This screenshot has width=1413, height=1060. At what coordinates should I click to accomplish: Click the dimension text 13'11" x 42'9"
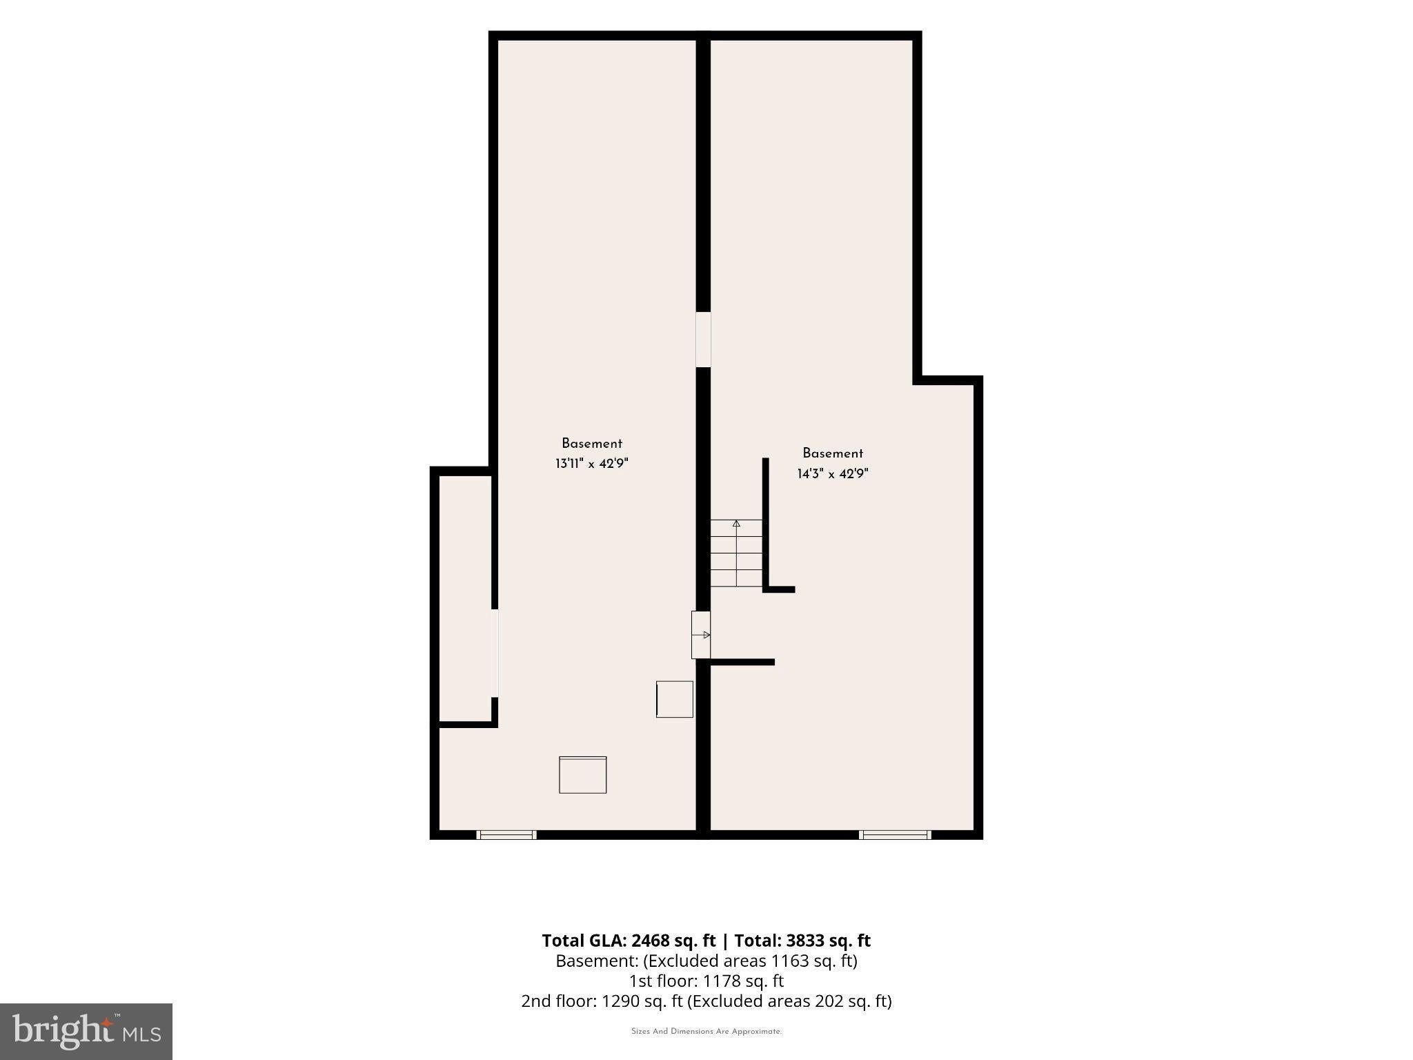pos(592,464)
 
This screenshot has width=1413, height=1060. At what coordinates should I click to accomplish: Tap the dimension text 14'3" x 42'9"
pos(833,474)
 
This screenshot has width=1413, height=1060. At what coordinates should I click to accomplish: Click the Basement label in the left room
pos(592,444)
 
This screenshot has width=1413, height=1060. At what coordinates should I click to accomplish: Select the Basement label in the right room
pos(833,453)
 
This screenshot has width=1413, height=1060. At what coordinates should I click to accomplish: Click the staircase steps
pos(736,553)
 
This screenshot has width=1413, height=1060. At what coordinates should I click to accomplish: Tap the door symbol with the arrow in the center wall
pos(701,634)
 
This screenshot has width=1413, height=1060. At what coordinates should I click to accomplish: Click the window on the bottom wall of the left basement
pos(506,835)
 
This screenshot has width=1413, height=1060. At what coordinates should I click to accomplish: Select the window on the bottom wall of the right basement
pos(895,835)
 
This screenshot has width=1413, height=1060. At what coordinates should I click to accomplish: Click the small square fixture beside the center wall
pos(674,699)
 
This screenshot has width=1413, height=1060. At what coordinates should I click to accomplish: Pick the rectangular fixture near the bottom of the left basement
pos(582,775)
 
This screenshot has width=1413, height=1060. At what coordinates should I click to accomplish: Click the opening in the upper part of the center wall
pos(703,340)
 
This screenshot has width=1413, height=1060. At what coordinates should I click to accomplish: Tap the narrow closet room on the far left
pos(465,598)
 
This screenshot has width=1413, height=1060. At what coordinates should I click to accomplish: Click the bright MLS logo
pos(86,1032)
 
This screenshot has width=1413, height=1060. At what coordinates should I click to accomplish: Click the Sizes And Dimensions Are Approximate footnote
pos(706,1032)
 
